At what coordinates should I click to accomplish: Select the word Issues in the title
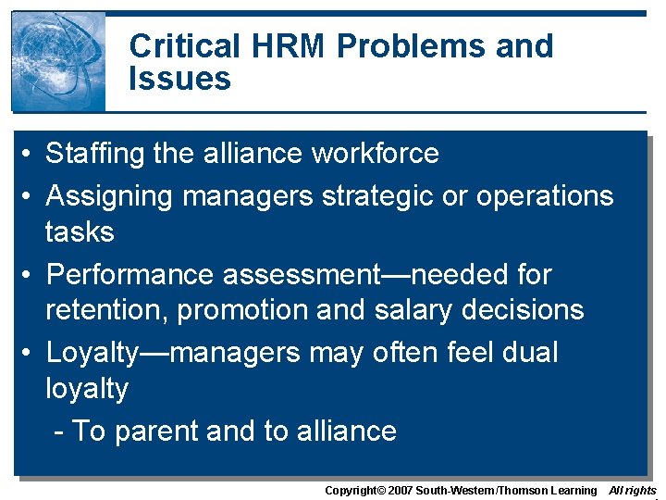(x=179, y=79)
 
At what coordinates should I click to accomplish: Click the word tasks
(x=80, y=231)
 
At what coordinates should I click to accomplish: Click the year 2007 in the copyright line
(x=399, y=491)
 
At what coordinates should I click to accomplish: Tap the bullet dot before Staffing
(x=31, y=154)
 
